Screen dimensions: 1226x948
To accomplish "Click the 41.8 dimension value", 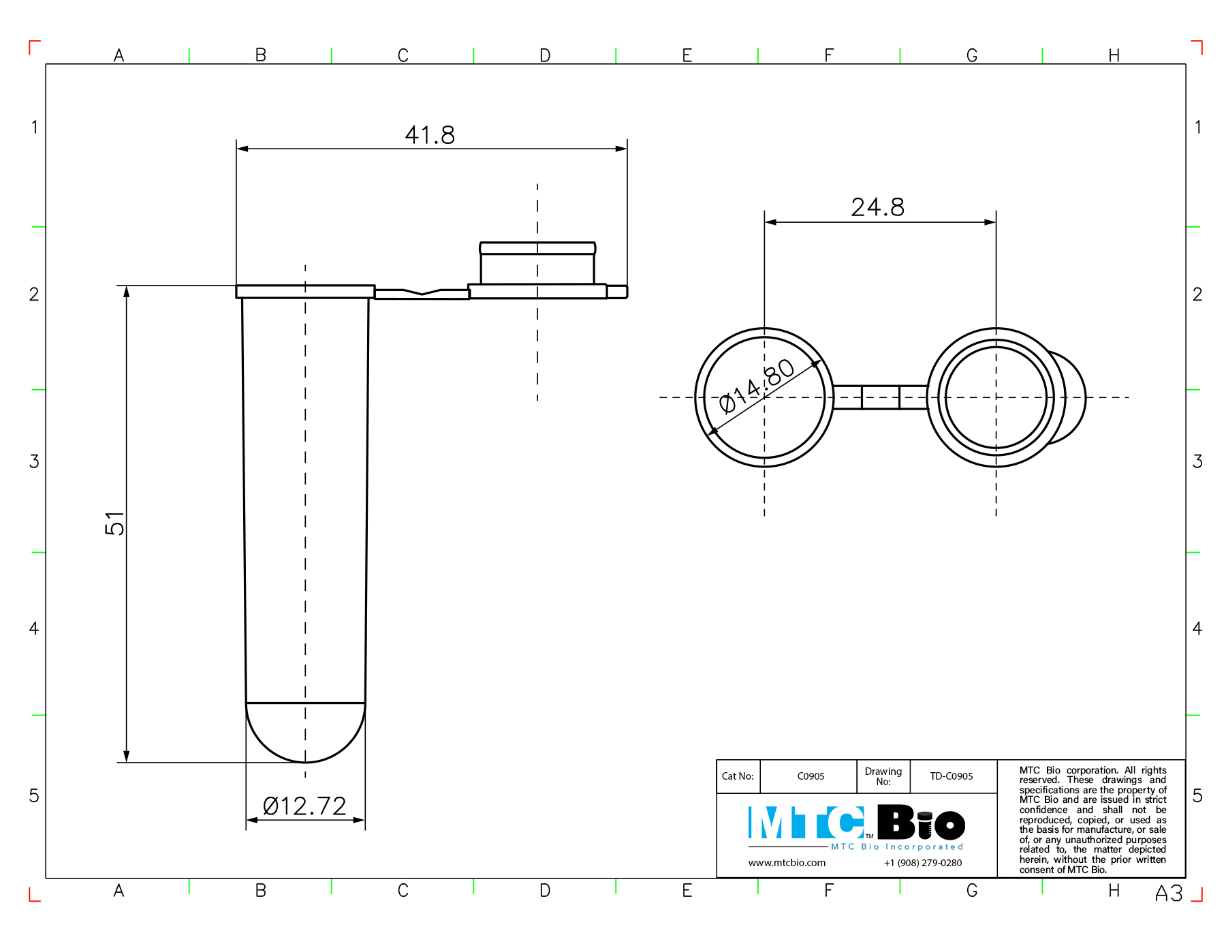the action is (430, 135).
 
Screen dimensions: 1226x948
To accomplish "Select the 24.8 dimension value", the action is (878, 207).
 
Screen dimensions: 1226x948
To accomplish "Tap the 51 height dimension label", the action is (114, 523).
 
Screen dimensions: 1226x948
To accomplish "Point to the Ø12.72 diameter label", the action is (304, 806).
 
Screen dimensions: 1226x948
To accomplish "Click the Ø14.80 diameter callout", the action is (757, 386).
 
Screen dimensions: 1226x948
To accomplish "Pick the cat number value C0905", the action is (811, 776).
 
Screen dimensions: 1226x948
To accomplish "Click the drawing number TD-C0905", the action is (952, 776).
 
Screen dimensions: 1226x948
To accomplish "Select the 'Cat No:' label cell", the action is (738, 776).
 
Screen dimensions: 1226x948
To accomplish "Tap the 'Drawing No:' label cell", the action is (883, 776).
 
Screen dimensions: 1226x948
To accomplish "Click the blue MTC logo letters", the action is (806, 823).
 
